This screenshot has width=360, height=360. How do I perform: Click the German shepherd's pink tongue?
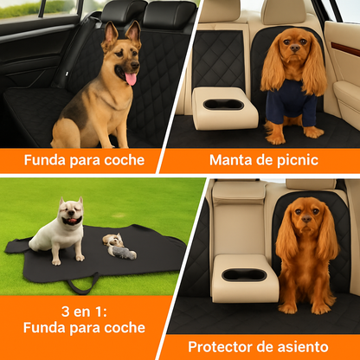tap(131, 79)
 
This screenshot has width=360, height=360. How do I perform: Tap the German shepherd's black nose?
tap(135, 65)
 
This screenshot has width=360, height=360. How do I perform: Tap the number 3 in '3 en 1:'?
tap(66, 312)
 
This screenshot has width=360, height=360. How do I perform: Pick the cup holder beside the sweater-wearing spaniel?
tap(223, 105)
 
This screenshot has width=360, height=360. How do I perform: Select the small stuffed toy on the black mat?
tap(119, 247)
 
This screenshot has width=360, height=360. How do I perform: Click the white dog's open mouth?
tap(72, 221)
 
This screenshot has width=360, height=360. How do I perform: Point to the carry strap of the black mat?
tap(83, 284)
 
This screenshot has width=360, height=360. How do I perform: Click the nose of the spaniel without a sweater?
tap(306, 220)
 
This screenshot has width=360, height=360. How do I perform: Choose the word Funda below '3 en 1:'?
tap(44, 328)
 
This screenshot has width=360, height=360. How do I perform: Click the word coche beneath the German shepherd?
tap(125, 160)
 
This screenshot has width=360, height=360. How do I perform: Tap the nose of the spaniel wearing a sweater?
tap(295, 48)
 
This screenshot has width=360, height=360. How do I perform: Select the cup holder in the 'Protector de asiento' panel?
tap(244, 275)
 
